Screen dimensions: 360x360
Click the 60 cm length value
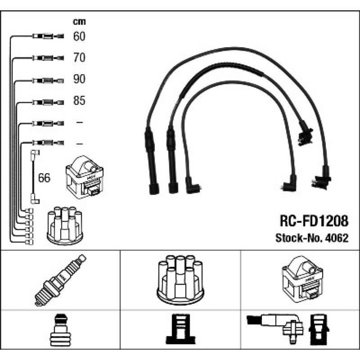click(79, 36)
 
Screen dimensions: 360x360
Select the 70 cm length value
click(79, 58)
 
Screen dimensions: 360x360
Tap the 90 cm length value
click(79, 79)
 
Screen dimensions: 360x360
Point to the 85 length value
click(79, 101)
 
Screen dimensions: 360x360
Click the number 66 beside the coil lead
click(44, 178)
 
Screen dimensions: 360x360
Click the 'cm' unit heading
click(79, 21)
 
